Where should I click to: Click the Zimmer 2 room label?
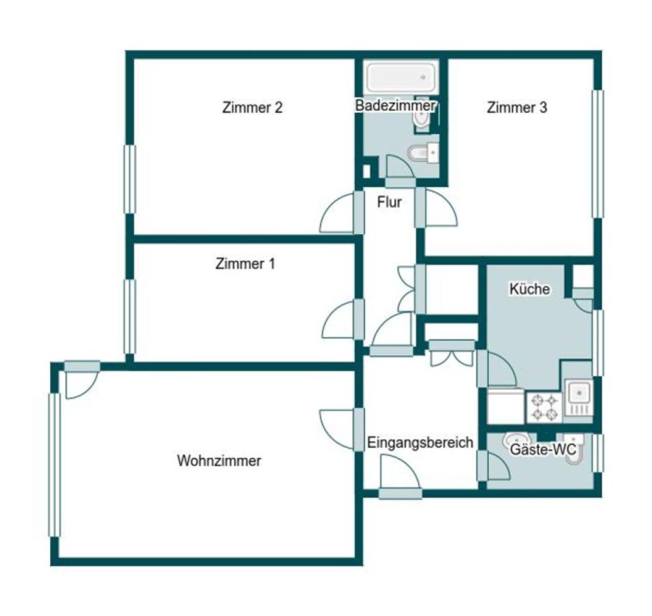pyautogui.click(x=253, y=107)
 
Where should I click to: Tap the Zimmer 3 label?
pyautogui.click(x=517, y=107)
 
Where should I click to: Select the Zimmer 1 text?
pyautogui.click(x=245, y=264)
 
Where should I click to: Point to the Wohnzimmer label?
pyautogui.click(x=219, y=461)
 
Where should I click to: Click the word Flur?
pyautogui.click(x=389, y=202)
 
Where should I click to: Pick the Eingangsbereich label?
pyautogui.click(x=420, y=443)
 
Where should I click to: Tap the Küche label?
pyautogui.click(x=530, y=289)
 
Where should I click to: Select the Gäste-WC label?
pyautogui.click(x=542, y=449)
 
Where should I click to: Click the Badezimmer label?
pyautogui.click(x=395, y=105)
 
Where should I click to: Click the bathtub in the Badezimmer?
pyautogui.click(x=401, y=78)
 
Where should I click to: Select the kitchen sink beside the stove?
pyautogui.click(x=579, y=398)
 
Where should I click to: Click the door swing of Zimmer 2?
pyautogui.click(x=336, y=213)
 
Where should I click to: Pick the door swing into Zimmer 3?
pyautogui.click(x=441, y=208)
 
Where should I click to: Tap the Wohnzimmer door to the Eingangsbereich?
pyautogui.click(x=337, y=430)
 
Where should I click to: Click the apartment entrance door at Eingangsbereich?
pyautogui.click(x=401, y=472)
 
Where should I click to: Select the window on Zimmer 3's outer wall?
pyautogui.click(x=597, y=153)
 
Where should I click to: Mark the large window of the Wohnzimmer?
pyautogui.click(x=55, y=465)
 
